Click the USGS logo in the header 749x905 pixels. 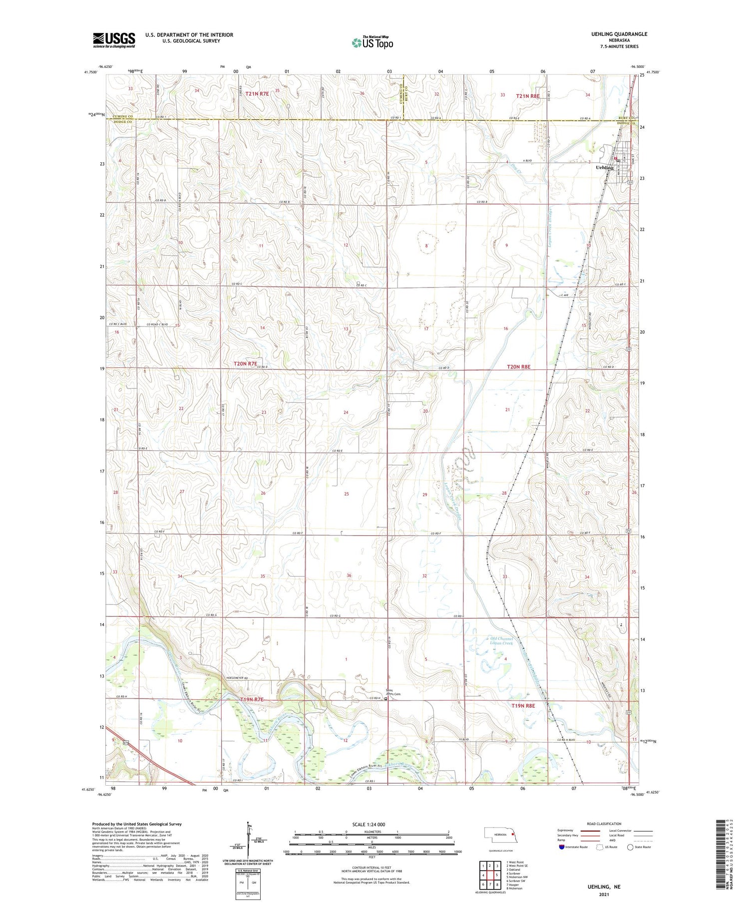(x=114, y=40)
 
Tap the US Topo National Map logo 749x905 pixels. (x=372, y=42)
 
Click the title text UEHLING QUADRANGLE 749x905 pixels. (x=619, y=34)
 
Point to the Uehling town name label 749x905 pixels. (x=605, y=168)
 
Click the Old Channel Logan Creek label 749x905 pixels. (x=501, y=640)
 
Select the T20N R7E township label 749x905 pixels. (x=245, y=364)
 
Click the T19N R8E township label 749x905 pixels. (x=523, y=705)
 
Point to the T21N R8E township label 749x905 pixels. (x=528, y=95)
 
